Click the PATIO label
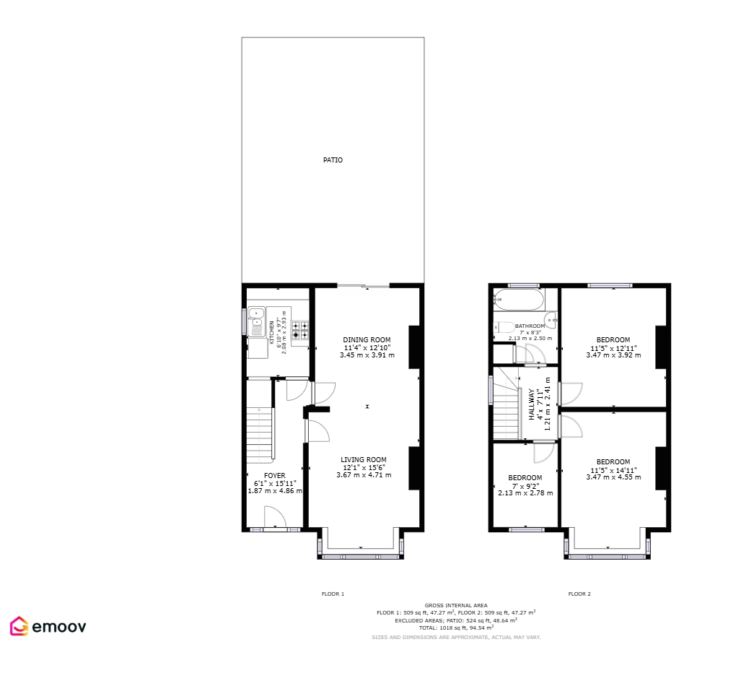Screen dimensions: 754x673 (x=333, y=160)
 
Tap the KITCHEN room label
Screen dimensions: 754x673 (x=272, y=332)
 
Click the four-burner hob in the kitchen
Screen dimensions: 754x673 (x=300, y=330)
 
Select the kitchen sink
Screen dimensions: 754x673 (x=257, y=321)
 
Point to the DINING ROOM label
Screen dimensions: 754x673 (x=367, y=339)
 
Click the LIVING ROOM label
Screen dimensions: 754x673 (x=364, y=460)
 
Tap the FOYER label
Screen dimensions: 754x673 (x=275, y=476)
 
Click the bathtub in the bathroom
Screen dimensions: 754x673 (x=518, y=300)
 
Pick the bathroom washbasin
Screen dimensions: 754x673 (x=551, y=320)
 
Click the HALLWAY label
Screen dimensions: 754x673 (x=531, y=404)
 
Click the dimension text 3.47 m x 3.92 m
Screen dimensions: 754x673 (x=613, y=355)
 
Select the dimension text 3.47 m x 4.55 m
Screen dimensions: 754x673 (x=613, y=477)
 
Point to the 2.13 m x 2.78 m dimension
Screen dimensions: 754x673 (x=525, y=493)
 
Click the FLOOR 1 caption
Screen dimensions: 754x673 (x=333, y=594)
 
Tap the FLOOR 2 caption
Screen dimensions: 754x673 (x=579, y=594)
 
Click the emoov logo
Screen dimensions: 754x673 (x=48, y=626)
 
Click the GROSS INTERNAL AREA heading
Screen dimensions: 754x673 (x=456, y=605)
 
